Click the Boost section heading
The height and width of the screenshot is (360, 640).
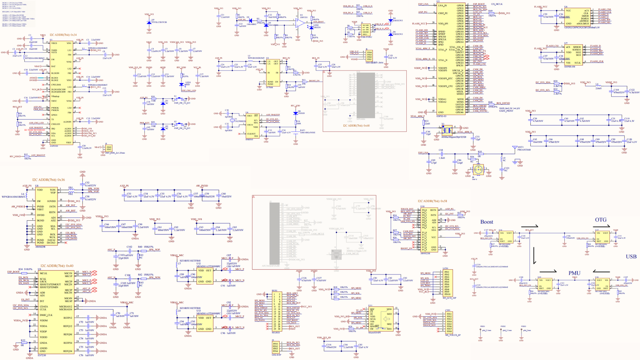486,222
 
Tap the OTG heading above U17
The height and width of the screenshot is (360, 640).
601,220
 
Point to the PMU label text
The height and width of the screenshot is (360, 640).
574,273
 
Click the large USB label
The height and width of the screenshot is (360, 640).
631,257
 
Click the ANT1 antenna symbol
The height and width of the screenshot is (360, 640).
515,148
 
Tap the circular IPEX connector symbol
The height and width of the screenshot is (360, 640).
478,170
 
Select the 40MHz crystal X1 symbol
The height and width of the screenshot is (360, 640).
447,129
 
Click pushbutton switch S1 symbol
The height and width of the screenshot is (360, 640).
179,99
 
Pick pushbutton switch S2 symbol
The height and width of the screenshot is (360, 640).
179,124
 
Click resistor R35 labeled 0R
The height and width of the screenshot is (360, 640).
479,154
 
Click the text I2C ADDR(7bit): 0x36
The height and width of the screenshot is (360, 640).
48,180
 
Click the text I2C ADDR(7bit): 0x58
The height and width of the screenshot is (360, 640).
432,201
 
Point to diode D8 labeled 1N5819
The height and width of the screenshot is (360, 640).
295,113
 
